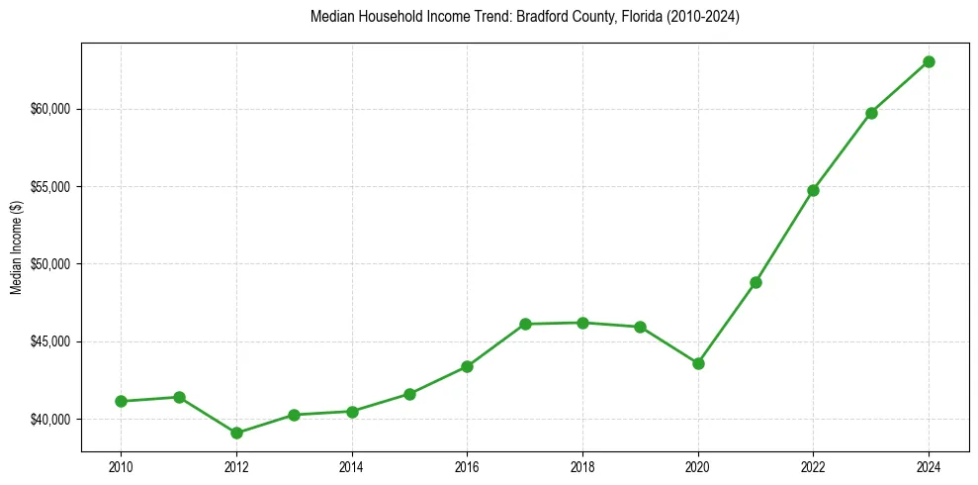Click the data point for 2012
pos(236,433)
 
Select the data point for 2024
pos(929,61)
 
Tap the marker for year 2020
pos(698,363)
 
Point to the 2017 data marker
pos(525,324)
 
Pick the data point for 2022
pos(813,190)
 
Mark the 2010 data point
pos(121,401)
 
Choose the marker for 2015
pos(409,394)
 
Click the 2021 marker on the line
pos(756,282)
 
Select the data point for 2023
pos(871,113)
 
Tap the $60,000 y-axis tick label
pos(51,109)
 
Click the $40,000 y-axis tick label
pos(51,420)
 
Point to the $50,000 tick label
pos(51,264)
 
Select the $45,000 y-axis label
pos(51,341)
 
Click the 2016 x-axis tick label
pos(467,465)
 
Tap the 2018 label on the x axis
pos(582,465)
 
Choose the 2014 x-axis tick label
pos(351,465)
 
